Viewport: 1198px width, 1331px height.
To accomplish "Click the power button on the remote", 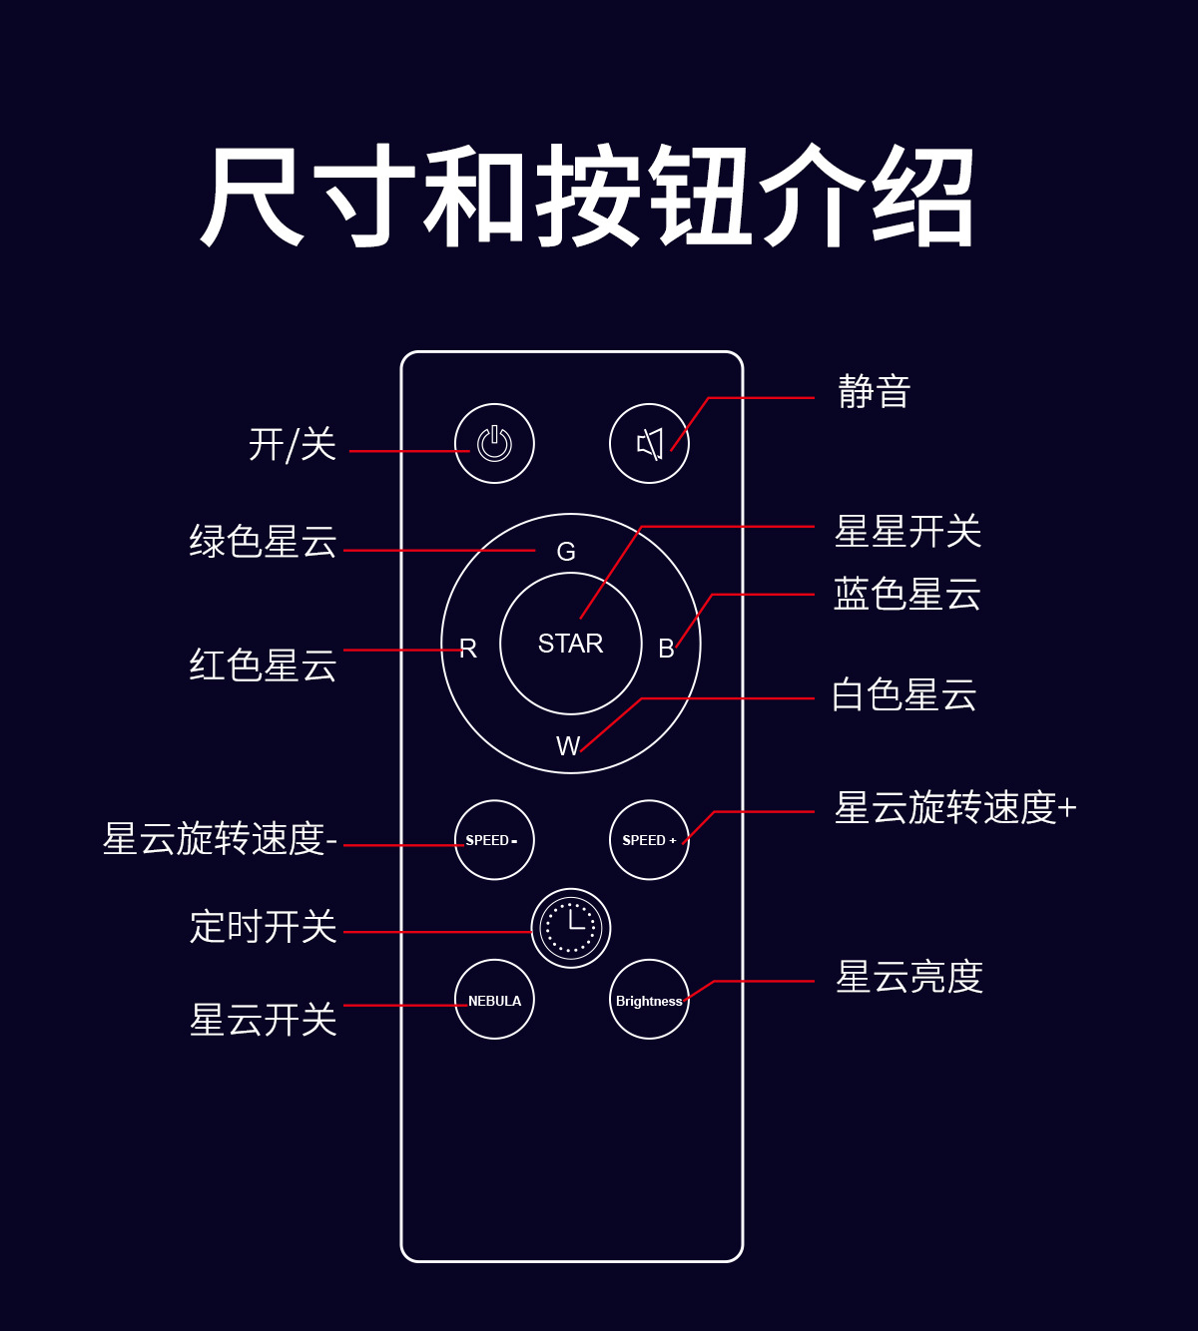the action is point(494,444).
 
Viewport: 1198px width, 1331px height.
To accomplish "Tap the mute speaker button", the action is point(649,444).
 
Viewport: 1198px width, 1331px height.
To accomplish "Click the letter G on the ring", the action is point(566,552).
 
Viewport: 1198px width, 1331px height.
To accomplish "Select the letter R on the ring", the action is point(468,649).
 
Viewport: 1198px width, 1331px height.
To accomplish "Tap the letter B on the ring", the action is point(666,649).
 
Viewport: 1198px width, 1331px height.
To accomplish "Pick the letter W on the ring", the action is point(567,745).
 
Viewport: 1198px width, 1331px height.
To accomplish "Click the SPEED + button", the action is point(649,840).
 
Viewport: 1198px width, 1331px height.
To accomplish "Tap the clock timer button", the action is point(570,928).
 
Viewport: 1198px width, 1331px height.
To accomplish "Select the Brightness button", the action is point(649,1000).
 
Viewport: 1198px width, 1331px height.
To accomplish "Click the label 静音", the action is point(874,392).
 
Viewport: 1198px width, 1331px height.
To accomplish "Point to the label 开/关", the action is point(292,445).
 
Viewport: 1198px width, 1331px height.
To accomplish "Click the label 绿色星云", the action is point(263,542).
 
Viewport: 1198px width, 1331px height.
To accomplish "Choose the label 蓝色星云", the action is point(906,595).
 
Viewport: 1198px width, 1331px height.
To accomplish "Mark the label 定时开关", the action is point(263,927).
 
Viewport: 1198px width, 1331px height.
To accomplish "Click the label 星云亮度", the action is point(908,977).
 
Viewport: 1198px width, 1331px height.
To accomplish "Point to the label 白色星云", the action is point(903,695).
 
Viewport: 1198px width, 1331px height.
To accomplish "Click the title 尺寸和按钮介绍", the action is point(587,197).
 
